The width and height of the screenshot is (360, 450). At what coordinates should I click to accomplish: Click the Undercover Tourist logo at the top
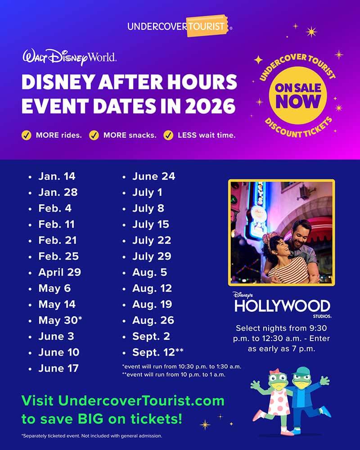coord(180,26)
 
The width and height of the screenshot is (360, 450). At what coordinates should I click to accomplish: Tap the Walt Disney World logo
coord(69,58)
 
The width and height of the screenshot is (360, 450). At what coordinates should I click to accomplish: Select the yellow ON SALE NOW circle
coord(298,95)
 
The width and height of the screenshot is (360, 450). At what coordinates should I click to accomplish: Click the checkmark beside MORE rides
coord(27,135)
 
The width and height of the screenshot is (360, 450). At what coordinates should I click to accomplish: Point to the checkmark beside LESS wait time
coord(168,135)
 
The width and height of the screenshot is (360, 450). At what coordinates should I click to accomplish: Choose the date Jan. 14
coord(57,176)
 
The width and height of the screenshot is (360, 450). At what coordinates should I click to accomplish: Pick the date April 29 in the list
coord(60,272)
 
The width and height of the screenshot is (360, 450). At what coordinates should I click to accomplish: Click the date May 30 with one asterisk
coord(60,320)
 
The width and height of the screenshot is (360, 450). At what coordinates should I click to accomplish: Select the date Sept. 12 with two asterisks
coord(158,352)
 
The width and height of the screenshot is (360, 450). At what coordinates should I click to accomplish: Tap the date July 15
coord(151,225)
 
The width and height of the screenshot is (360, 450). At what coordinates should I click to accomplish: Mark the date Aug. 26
coord(153,320)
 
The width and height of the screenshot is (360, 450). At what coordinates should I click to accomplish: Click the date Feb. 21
coord(58,240)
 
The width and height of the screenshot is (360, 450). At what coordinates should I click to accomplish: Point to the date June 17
coord(58,368)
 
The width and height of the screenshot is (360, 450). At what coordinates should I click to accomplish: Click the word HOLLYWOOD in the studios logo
coord(282,306)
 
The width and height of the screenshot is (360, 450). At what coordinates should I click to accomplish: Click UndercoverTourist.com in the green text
coord(141,400)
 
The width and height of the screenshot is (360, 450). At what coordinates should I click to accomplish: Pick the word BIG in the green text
coord(90,419)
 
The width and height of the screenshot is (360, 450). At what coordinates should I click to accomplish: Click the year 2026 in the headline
coord(210,106)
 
